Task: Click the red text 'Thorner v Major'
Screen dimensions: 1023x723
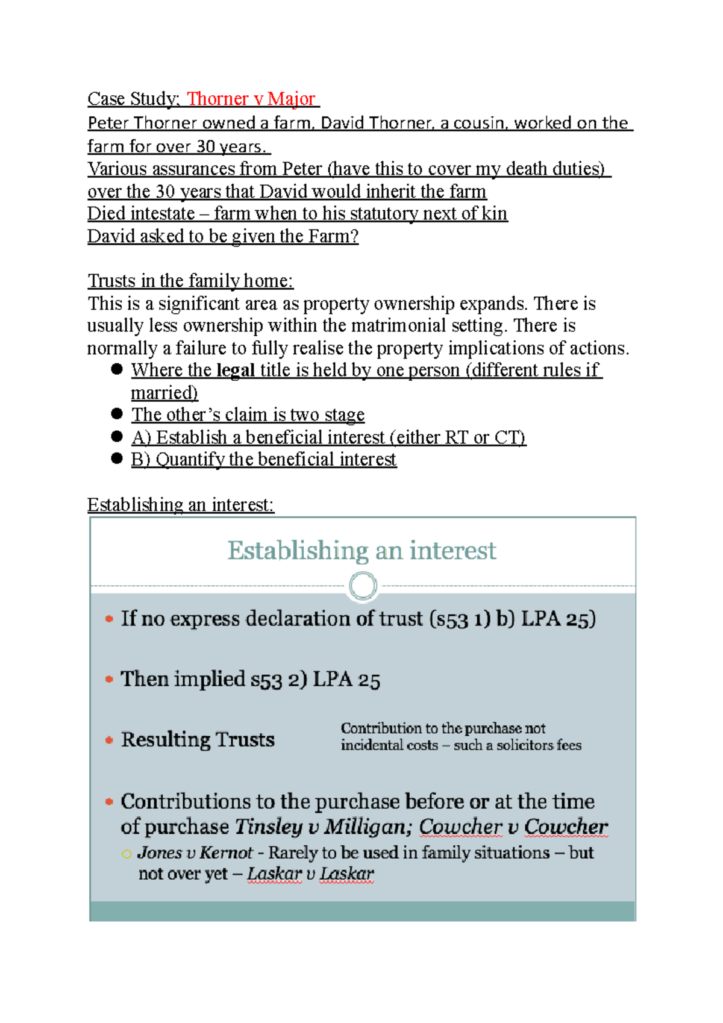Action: point(251,99)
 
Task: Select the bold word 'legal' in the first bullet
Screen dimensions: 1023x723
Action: point(235,371)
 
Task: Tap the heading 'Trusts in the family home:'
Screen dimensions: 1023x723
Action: point(190,281)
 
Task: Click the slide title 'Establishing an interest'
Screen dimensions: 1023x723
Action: point(361,551)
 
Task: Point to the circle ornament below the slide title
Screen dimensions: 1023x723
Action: point(363,586)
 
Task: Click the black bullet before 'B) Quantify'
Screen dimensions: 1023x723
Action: point(117,458)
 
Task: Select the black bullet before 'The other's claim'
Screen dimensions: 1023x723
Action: point(117,414)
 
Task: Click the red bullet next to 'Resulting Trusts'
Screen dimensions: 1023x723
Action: point(109,740)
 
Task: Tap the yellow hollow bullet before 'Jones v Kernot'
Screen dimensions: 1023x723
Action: point(126,854)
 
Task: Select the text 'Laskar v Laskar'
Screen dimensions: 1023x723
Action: point(310,874)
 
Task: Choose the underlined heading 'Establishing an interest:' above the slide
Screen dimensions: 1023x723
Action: point(181,505)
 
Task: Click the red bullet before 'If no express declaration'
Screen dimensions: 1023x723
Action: point(109,619)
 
